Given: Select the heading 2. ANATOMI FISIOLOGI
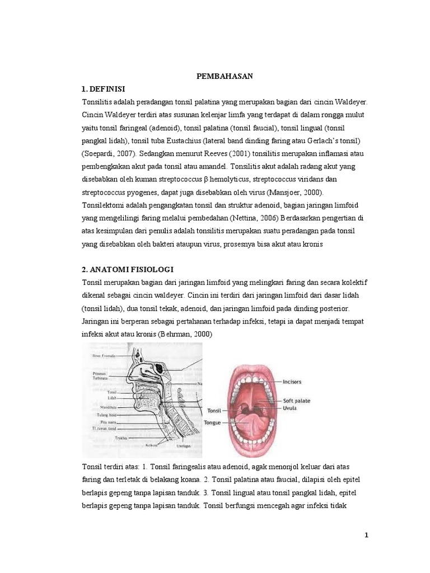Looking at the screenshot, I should (127, 269).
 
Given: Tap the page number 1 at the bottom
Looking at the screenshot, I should (366, 535).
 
